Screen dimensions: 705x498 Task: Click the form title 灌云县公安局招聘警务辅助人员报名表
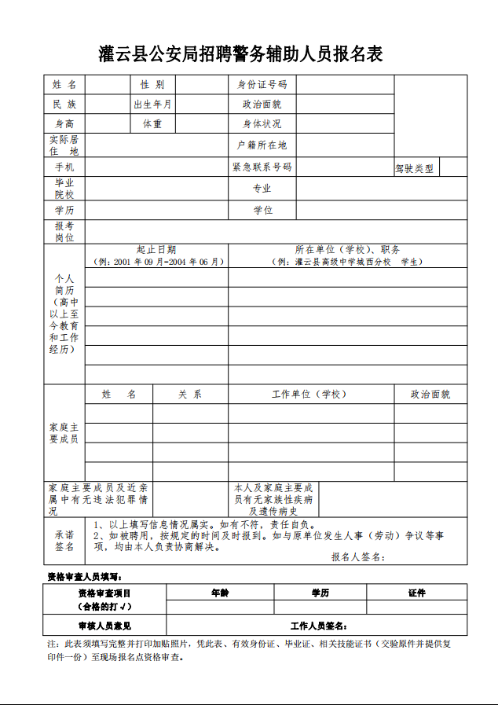click(241, 54)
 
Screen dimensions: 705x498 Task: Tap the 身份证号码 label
click(262, 84)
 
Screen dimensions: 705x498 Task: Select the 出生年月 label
click(152, 104)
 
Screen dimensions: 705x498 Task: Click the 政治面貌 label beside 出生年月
click(262, 104)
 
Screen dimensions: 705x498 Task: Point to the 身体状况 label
click(262, 123)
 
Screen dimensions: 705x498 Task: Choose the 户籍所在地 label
click(262, 145)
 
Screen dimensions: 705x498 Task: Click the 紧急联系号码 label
click(262, 167)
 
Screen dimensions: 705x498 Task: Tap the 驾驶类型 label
click(414, 168)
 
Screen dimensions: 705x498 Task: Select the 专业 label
click(262, 189)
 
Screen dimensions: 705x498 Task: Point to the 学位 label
click(262, 210)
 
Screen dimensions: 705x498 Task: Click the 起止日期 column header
click(156, 249)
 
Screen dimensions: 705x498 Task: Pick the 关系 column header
click(189, 394)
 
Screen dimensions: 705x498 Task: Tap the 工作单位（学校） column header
click(309, 394)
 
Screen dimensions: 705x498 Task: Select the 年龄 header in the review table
click(220, 593)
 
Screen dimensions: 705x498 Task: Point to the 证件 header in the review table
click(416, 593)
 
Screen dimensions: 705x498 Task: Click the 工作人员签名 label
click(318, 626)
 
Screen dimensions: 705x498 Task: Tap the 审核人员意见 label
click(104, 626)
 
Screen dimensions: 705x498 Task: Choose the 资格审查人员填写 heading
click(85, 577)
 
